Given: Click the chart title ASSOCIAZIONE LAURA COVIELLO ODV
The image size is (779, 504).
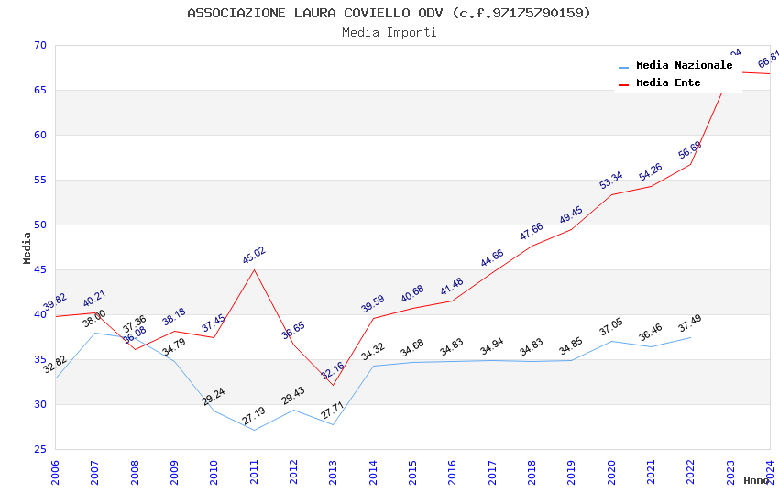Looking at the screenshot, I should [389, 13].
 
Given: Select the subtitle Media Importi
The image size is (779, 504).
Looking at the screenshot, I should [389, 32].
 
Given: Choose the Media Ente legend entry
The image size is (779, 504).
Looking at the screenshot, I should [668, 82].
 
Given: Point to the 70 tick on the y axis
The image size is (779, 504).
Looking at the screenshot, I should [38, 46].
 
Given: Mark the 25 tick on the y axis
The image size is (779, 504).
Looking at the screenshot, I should [38, 449].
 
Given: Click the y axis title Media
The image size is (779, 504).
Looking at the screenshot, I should [27, 247].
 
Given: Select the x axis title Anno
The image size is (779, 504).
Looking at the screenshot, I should [756, 480].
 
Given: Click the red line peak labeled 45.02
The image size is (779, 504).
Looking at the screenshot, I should [254, 269].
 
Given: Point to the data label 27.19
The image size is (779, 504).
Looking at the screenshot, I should [254, 417].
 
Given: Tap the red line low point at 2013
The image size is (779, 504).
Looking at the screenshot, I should [333, 385].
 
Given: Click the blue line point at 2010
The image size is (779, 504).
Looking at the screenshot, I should [214, 411].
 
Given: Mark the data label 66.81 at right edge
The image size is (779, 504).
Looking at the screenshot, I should [768, 60].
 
